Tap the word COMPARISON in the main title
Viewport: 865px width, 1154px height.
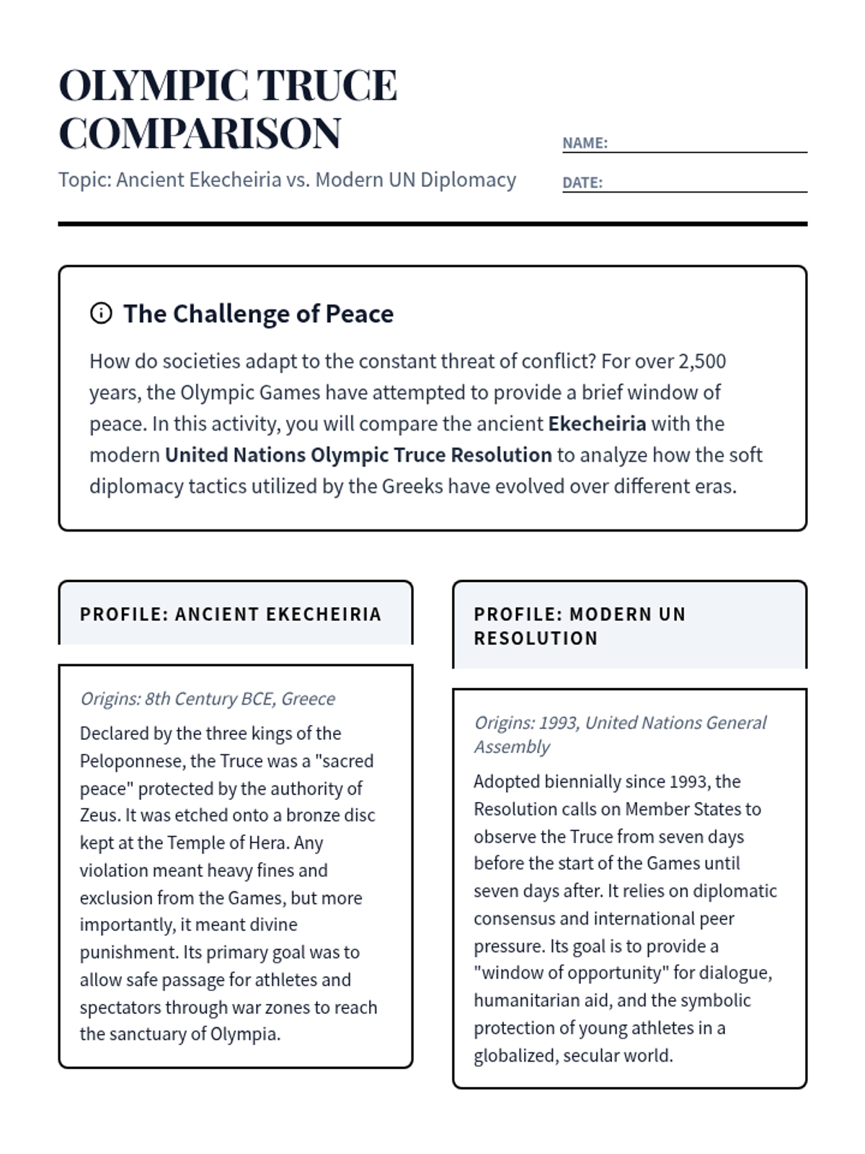(200, 133)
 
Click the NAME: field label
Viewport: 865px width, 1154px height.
(585, 143)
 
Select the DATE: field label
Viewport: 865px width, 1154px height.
(582, 182)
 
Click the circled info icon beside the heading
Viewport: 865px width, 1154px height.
(101, 313)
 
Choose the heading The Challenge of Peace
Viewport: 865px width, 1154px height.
(258, 314)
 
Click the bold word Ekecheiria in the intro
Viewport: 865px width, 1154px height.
(597, 423)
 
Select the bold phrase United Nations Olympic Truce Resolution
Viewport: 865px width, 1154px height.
(358, 455)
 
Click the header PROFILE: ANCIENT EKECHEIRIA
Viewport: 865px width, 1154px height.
(231, 615)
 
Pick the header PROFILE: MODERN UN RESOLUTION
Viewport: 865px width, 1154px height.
(580, 626)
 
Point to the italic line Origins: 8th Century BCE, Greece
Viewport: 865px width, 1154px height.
(208, 698)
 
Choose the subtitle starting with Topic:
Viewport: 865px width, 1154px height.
(287, 180)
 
